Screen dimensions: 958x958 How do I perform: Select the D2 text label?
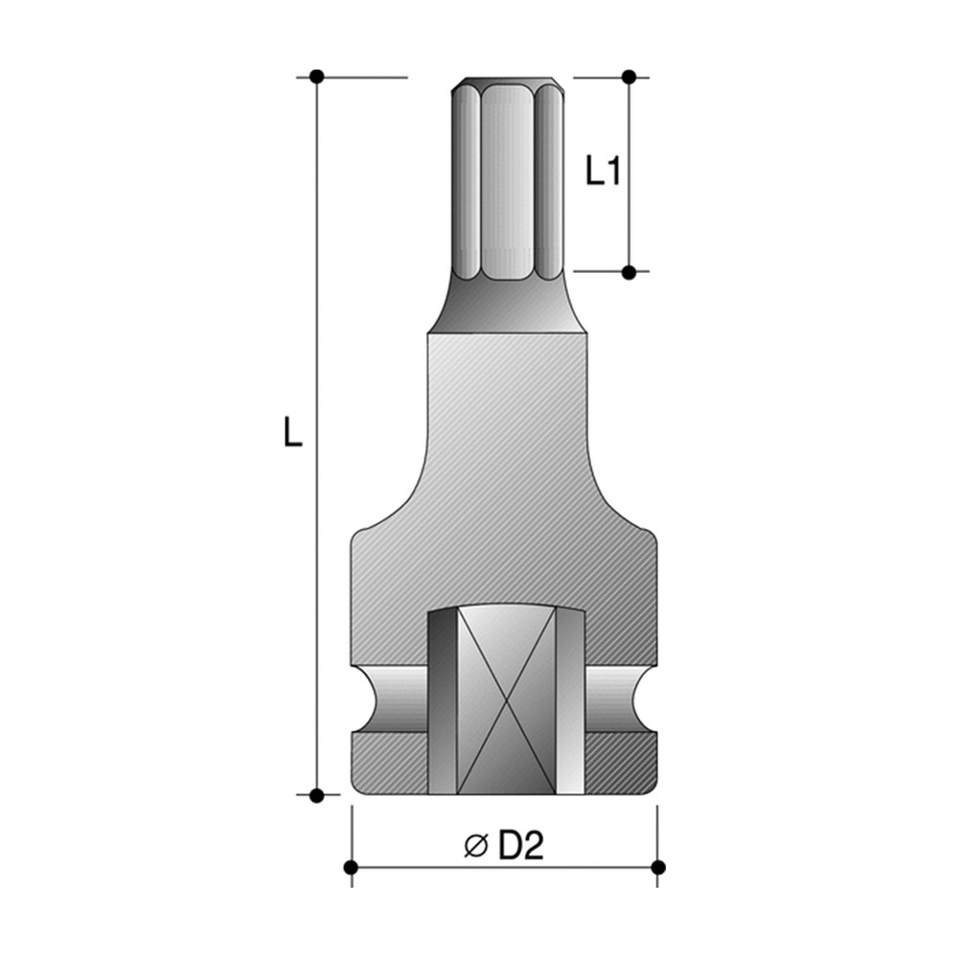click(x=521, y=845)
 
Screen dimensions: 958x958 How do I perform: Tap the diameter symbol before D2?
click(x=476, y=846)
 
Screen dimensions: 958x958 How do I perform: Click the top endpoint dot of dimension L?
click(x=317, y=76)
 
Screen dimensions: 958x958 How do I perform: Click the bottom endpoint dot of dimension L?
click(x=317, y=794)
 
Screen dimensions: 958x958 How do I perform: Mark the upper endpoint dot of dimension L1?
click(x=628, y=76)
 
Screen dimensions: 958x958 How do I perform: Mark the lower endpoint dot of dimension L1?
click(x=628, y=272)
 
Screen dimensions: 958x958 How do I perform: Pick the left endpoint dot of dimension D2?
click(x=351, y=867)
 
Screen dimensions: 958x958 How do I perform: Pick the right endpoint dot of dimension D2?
click(x=657, y=867)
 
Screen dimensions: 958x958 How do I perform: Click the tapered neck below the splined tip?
click(x=507, y=305)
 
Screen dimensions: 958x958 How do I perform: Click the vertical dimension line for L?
click(x=317, y=575)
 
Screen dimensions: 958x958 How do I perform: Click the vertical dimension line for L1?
click(x=628, y=220)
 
